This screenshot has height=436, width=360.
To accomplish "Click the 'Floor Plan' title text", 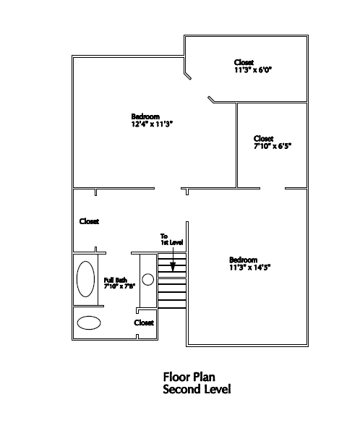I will [x=189, y=377].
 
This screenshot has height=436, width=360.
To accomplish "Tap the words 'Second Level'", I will [x=197, y=389].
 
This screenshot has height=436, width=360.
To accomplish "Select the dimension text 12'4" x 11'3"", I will [x=152, y=124].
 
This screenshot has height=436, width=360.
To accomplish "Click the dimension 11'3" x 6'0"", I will [x=252, y=70].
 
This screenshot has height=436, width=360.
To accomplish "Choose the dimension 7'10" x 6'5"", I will [x=273, y=145].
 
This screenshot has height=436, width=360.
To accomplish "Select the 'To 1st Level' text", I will [x=168, y=239].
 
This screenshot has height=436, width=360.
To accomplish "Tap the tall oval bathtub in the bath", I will [x=85, y=279].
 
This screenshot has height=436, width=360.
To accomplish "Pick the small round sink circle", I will [x=147, y=279].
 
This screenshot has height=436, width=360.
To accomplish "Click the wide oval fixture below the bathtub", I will [x=89, y=322].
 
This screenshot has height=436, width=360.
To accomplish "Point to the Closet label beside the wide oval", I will [x=144, y=322].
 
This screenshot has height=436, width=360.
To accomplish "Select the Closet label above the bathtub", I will [x=89, y=221].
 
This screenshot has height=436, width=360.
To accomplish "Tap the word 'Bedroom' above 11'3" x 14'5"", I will [x=243, y=260].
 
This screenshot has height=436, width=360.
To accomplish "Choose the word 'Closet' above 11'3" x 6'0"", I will [x=244, y=62].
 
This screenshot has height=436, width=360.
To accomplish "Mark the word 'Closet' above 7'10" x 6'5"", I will [x=264, y=137].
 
